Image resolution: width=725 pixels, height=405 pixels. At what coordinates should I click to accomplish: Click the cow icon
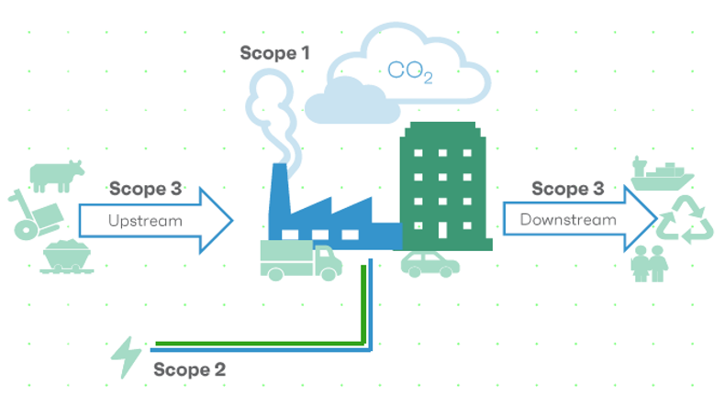coord(56,176)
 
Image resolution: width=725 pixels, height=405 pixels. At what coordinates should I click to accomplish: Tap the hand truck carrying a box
coord(35,216)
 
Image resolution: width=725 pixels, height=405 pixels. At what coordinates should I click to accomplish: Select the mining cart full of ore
coord(67,257)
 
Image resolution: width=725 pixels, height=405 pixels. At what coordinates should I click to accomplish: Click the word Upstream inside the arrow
coord(145,221)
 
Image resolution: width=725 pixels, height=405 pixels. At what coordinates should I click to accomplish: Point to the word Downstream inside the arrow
coord(568,220)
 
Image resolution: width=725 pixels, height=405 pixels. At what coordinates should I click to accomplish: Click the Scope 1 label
coord(274,53)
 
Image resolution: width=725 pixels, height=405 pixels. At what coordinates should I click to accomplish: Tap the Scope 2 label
coord(190,369)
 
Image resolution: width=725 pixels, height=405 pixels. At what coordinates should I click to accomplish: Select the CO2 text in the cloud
coord(410,72)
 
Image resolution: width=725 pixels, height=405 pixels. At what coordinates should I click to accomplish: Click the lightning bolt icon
coord(127,357)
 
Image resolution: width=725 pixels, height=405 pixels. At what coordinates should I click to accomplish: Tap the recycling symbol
coord(686,220)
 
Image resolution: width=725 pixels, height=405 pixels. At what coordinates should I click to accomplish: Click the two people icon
coord(650,264)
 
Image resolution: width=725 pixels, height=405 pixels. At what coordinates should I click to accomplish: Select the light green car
coord(430,265)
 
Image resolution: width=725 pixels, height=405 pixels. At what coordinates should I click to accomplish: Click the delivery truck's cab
coord(328,262)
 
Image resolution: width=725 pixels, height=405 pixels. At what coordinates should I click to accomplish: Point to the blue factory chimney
coord(279,190)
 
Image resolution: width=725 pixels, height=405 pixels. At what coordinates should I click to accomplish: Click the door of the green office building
coord(442,229)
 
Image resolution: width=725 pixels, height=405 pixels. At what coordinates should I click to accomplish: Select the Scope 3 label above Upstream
coord(145,189)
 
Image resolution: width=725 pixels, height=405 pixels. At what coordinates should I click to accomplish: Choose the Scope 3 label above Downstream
coord(568,189)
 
